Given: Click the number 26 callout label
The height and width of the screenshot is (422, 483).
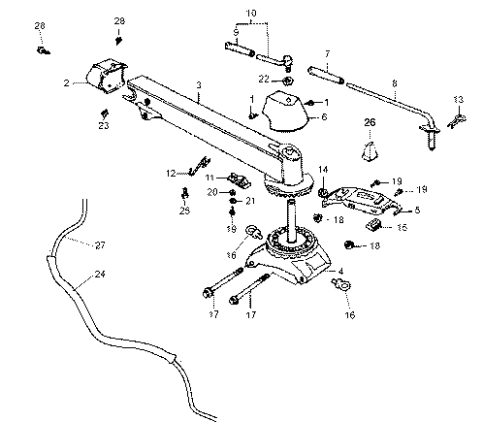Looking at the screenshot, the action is (x=370, y=122).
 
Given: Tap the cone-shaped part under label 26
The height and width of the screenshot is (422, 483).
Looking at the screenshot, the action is (x=370, y=151).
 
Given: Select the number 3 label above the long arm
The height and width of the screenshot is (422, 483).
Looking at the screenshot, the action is (x=199, y=85).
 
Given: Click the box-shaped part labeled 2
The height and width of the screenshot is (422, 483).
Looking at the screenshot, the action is (x=106, y=76).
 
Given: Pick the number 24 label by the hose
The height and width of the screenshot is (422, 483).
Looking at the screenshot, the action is (x=100, y=274).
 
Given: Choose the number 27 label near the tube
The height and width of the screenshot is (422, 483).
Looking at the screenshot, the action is (x=100, y=245).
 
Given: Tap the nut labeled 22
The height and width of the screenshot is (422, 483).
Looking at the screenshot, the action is (x=287, y=81).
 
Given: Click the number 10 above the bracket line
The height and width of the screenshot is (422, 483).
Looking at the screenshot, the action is (x=251, y=14).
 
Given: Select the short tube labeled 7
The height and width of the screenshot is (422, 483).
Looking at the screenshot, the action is (x=326, y=75).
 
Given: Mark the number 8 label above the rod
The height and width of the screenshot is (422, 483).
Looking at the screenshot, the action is (x=395, y=83).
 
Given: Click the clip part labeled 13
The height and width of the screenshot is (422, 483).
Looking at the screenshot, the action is (x=457, y=120).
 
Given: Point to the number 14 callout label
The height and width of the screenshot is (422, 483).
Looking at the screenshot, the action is (x=323, y=170).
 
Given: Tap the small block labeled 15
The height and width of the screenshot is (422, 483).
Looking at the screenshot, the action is (x=373, y=224).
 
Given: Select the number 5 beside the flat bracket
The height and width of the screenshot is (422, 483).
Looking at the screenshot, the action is (x=417, y=211).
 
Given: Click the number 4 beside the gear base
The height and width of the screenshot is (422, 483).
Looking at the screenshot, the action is (x=340, y=272).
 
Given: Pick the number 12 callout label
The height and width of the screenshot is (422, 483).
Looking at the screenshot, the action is (x=171, y=174).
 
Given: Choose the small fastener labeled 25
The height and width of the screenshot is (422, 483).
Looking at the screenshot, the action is (x=184, y=193).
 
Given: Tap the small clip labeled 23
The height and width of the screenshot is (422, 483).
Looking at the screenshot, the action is (x=104, y=114).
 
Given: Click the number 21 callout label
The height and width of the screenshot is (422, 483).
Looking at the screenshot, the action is (x=250, y=201).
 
